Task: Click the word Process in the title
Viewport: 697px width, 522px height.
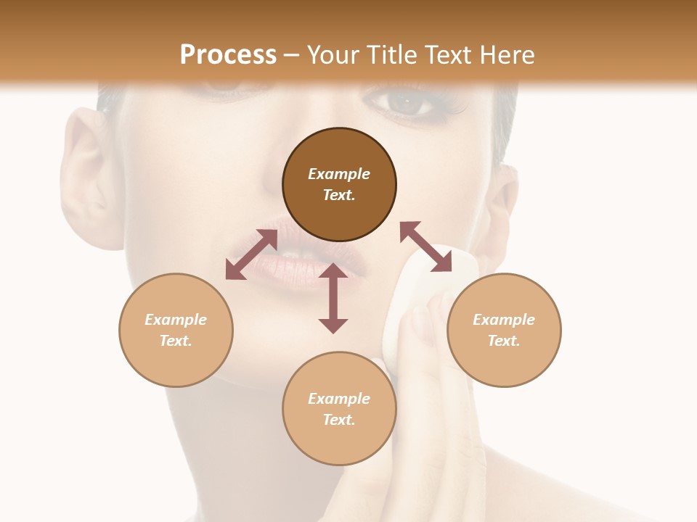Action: (x=228, y=55)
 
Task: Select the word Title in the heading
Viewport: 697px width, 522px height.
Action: (x=393, y=55)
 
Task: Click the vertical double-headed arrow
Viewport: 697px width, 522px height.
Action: (x=333, y=298)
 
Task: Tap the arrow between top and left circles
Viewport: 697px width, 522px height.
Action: (x=251, y=254)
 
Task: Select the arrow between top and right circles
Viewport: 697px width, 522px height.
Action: (x=425, y=246)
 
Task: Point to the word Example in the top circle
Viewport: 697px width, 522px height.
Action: (x=339, y=174)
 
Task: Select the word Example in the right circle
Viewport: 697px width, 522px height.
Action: (x=504, y=320)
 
